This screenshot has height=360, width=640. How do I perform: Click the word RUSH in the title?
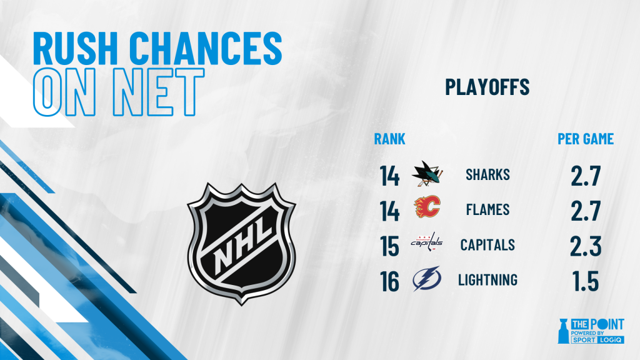click(x=76, y=48)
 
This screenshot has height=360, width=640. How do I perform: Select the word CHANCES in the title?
click(x=206, y=48)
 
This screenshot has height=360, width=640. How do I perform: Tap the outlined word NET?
click(x=158, y=92)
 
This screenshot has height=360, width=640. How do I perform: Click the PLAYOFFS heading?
click(x=487, y=86)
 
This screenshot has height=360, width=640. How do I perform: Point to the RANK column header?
click(x=390, y=139)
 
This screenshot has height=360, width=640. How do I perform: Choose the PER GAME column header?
click(x=586, y=139)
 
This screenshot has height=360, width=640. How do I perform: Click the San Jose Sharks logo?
click(x=427, y=174)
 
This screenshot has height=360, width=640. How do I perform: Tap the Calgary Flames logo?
click(x=427, y=206)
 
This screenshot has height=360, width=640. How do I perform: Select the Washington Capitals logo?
click(x=427, y=242)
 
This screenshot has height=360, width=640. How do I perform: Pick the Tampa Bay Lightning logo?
click(x=427, y=278)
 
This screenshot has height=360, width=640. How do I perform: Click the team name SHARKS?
click(x=487, y=175)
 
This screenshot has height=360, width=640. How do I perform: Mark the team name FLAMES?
click(x=487, y=210)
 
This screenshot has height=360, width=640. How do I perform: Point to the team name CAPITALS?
click(x=487, y=245)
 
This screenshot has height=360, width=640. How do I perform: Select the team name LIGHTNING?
click(x=487, y=280)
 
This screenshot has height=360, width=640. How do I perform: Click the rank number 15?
click(x=389, y=246)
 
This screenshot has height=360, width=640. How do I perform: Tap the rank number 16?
click(x=389, y=281)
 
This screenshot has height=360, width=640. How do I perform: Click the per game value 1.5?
click(x=586, y=281)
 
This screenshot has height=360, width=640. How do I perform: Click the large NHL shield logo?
click(x=241, y=244)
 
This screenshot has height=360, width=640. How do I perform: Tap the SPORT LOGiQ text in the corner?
click(x=597, y=339)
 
